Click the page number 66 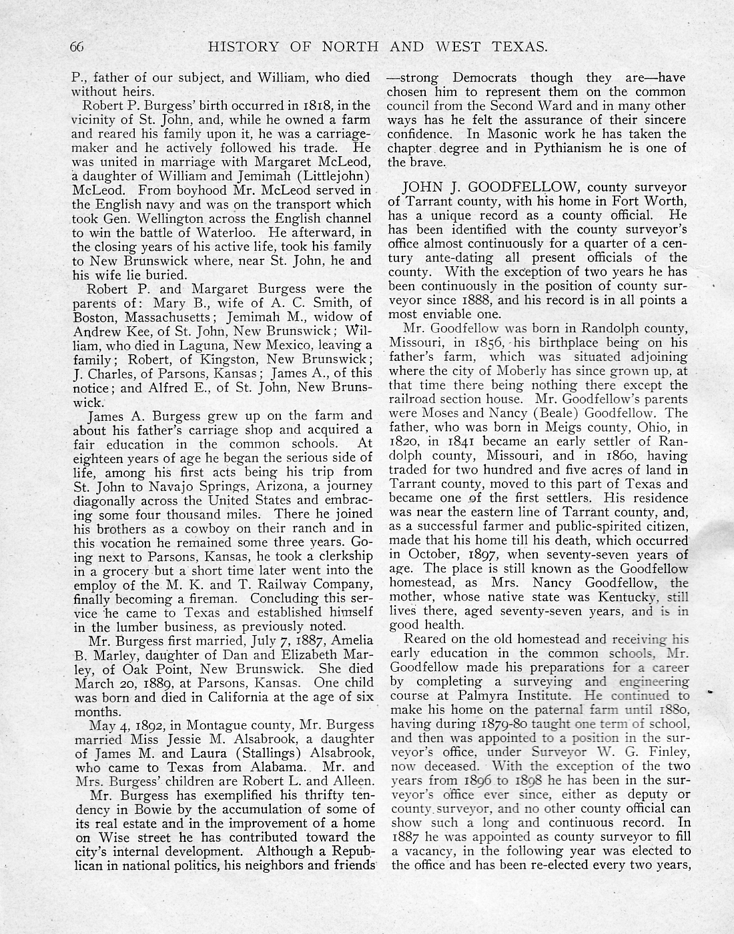[77, 47]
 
